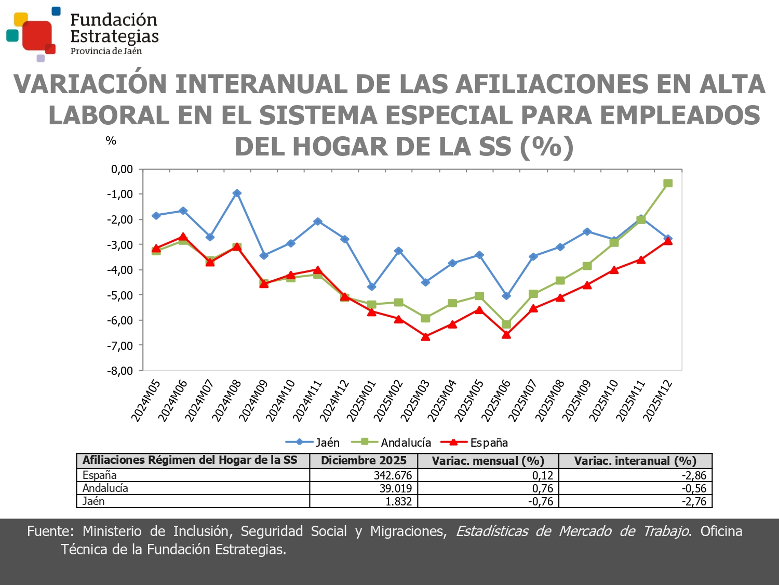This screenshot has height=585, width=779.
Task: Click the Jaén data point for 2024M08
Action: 237,193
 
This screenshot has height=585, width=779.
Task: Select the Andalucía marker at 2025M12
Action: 668,183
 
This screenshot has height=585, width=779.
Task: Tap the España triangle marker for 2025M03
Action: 425,337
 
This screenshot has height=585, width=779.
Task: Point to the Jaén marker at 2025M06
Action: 506,296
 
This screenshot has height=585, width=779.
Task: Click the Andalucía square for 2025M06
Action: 506,324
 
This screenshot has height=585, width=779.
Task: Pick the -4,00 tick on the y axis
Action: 120,270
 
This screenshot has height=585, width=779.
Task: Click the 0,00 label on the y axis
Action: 122,169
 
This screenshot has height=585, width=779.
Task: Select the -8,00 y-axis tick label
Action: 120,371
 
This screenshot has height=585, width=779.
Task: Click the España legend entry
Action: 474,443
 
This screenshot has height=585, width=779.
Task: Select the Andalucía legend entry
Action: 392,443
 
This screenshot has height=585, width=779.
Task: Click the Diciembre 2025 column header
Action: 364,461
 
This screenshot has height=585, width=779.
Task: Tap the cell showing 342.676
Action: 393,475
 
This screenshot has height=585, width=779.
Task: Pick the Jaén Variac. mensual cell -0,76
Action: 541,501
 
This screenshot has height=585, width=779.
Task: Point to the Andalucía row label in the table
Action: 105,488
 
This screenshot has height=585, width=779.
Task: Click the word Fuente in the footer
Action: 50,531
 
